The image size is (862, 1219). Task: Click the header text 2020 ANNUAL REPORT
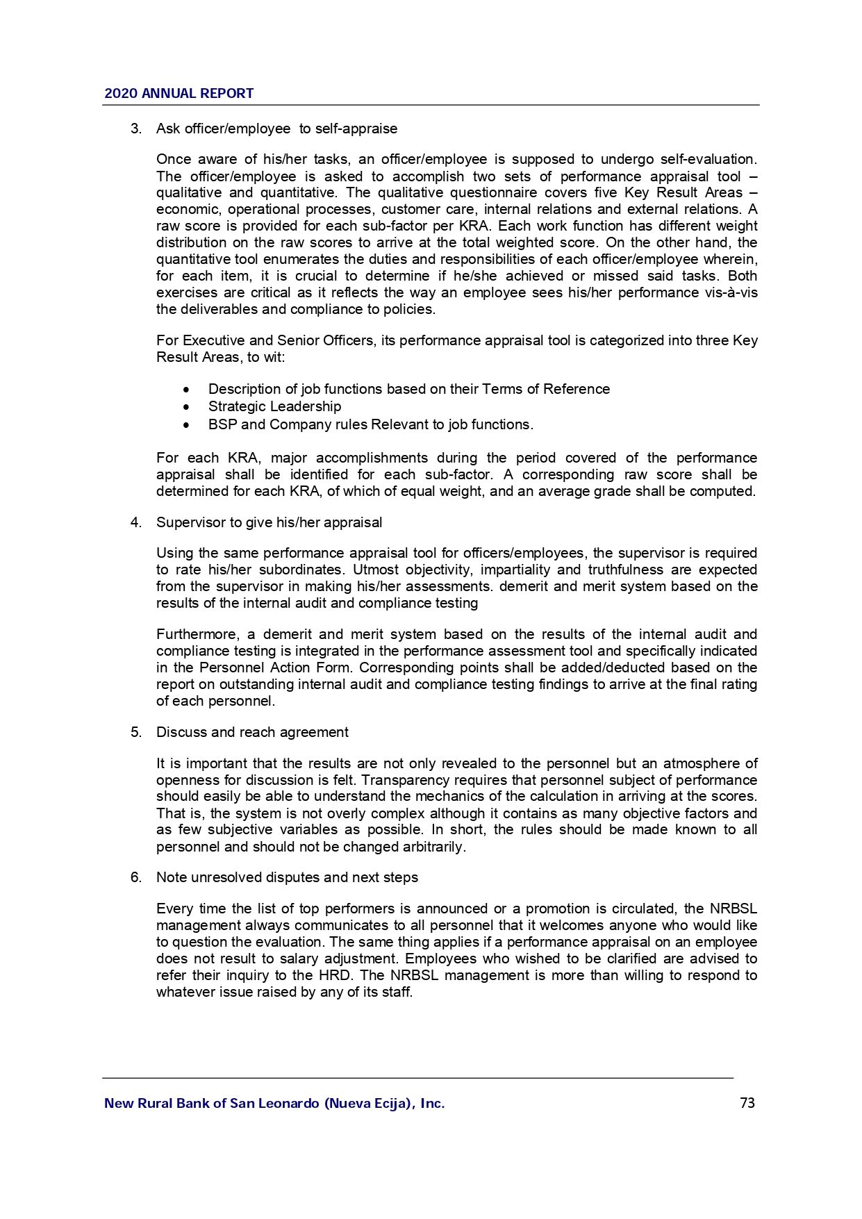pyautogui.click(x=179, y=93)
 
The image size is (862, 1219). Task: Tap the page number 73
pyautogui.click(x=747, y=1103)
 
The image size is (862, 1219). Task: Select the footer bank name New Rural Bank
pyautogui.click(x=274, y=1103)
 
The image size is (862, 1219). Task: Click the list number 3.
pyautogui.click(x=135, y=128)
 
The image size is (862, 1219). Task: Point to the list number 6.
pyautogui.click(x=135, y=877)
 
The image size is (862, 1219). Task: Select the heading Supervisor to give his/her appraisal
pyautogui.click(x=269, y=522)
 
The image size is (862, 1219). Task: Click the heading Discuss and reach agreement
pyautogui.click(x=252, y=732)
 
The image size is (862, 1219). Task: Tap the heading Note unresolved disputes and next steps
pyautogui.click(x=287, y=877)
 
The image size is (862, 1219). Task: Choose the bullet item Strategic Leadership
pyautogui.click(x=274, y=406)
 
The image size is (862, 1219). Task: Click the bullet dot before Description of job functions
pyautogui.click(x=186, y=390)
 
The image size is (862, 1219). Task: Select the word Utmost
pyautogui.click(x=376, y=570)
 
